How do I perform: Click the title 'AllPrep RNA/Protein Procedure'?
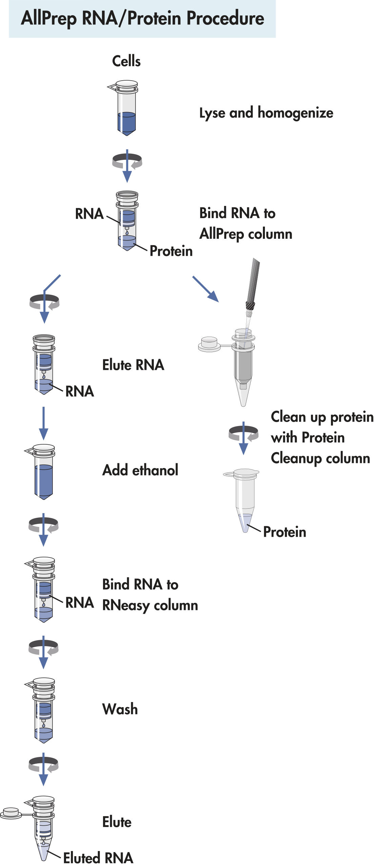pos(142,18)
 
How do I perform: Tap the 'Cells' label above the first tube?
pos(126,61)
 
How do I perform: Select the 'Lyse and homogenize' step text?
pos(266,113)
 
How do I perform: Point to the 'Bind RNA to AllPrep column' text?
pos(245,224)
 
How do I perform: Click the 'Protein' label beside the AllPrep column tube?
pos(171,251)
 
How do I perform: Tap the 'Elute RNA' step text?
pos(133,365)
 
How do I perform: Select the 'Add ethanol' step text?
pos(140,470)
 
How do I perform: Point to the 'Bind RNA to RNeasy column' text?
pos(150,595)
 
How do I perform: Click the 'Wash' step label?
pos(120,709)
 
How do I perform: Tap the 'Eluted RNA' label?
pos(98,858)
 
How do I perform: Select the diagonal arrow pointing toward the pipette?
pos(206,289)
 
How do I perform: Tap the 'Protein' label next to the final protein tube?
pos(285,532)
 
